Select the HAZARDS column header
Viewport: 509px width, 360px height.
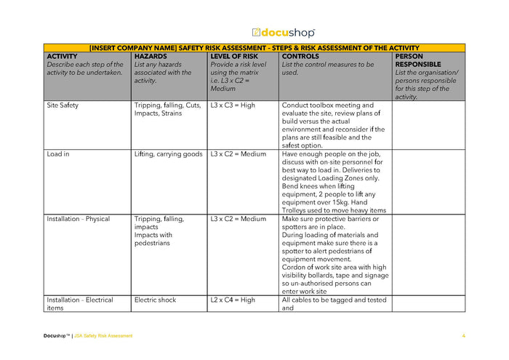(151, 56)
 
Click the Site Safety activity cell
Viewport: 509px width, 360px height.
(63, 105)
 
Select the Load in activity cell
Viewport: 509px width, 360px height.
(58, 154)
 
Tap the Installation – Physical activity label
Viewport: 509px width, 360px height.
(79, 219)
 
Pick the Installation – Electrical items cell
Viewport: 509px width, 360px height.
(80, 303)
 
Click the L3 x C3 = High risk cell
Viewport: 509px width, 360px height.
(233, 105)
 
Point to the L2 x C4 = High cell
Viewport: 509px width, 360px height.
(233, 300)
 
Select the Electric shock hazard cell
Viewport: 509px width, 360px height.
(155, 300)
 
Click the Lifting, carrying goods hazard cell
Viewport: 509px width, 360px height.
(168, 154)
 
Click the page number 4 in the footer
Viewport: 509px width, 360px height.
(463, 335)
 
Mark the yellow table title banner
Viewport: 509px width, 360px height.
(254, 47)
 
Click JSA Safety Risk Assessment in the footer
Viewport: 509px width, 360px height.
(104, 335)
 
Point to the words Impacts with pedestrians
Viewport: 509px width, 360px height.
(153, 239)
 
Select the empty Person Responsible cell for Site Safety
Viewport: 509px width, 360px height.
(428, 125)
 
